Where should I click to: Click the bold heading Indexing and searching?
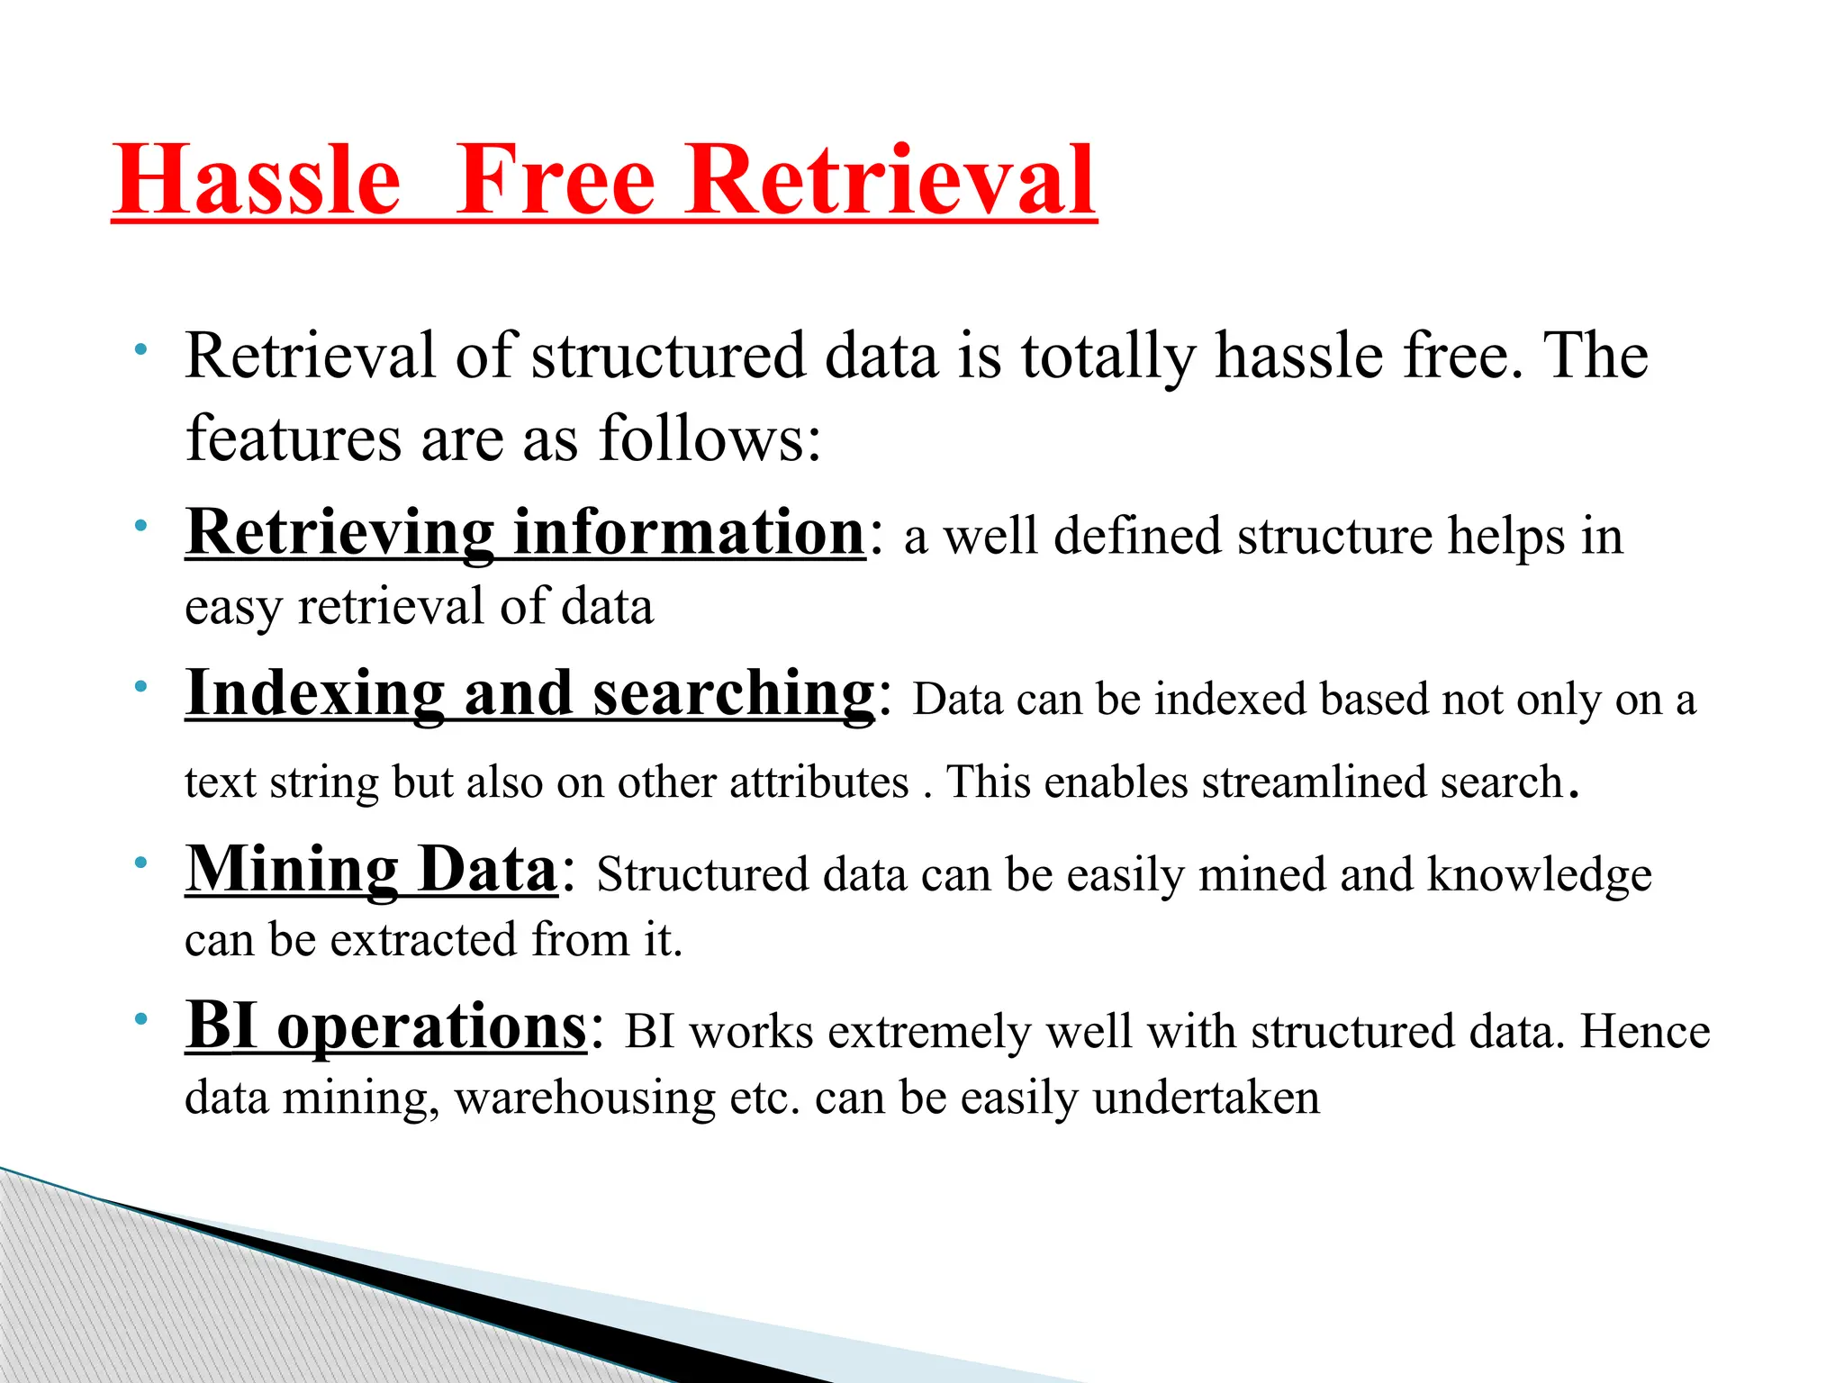tap(529, 693)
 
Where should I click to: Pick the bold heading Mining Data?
tap(371, 870)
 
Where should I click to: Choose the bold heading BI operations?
tap(386, 1026)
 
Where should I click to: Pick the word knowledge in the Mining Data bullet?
tap(1540, 875)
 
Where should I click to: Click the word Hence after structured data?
tap(1645, 1032)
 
